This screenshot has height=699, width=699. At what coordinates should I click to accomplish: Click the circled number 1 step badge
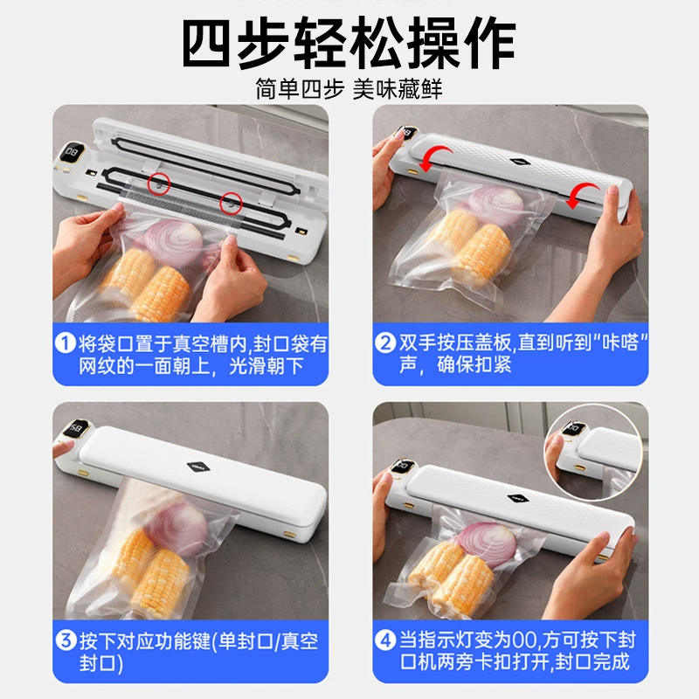click(65, 343)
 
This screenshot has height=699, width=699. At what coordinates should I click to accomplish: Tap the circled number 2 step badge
click(385, 343)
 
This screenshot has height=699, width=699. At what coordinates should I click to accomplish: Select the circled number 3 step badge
click(66, 640)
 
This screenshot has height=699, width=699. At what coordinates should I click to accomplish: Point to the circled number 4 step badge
click(385, 640)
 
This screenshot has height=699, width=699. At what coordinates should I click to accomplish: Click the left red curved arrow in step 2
click(434, 159)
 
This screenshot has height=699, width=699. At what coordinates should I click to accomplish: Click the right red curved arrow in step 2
click(583, 195)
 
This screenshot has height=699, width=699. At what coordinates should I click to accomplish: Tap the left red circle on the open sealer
click(159, 183)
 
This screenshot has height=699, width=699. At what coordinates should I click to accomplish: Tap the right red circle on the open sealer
click(231, 204)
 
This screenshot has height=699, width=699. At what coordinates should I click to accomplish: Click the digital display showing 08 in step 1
click(72, 152)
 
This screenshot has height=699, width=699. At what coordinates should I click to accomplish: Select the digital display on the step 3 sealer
click(75, 429)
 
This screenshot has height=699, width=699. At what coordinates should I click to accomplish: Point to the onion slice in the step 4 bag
click(487, 543)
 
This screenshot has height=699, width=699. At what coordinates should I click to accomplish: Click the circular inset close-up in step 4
click(593, 451)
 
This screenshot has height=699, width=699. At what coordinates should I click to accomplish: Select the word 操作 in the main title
click(461, 42)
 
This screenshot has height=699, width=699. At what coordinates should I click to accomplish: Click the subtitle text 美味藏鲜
click(398, 89)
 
